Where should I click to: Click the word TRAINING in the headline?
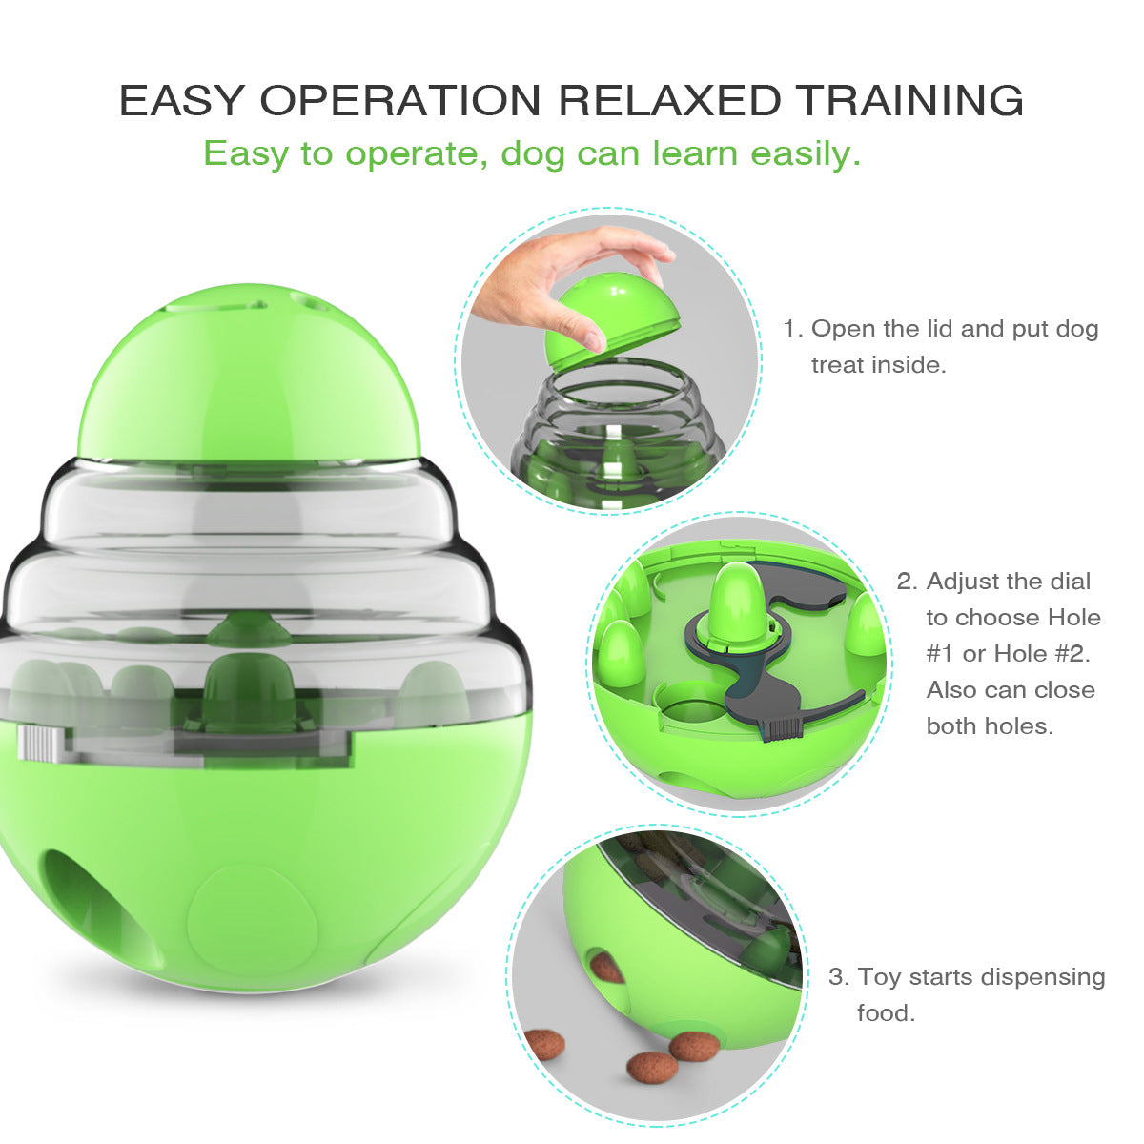909,101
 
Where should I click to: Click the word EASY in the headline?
182,101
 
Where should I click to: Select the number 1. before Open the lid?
792,329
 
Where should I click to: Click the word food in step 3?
886,1012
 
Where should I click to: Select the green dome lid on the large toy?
248,381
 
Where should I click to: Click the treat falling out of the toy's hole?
606,968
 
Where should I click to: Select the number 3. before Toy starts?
838,976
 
